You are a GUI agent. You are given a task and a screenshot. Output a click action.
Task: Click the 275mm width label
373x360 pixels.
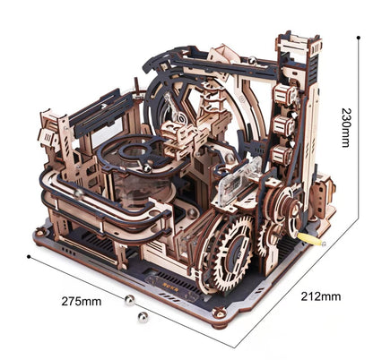click(83, 301)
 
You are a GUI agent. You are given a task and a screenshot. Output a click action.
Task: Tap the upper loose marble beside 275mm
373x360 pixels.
click(129, 298)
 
